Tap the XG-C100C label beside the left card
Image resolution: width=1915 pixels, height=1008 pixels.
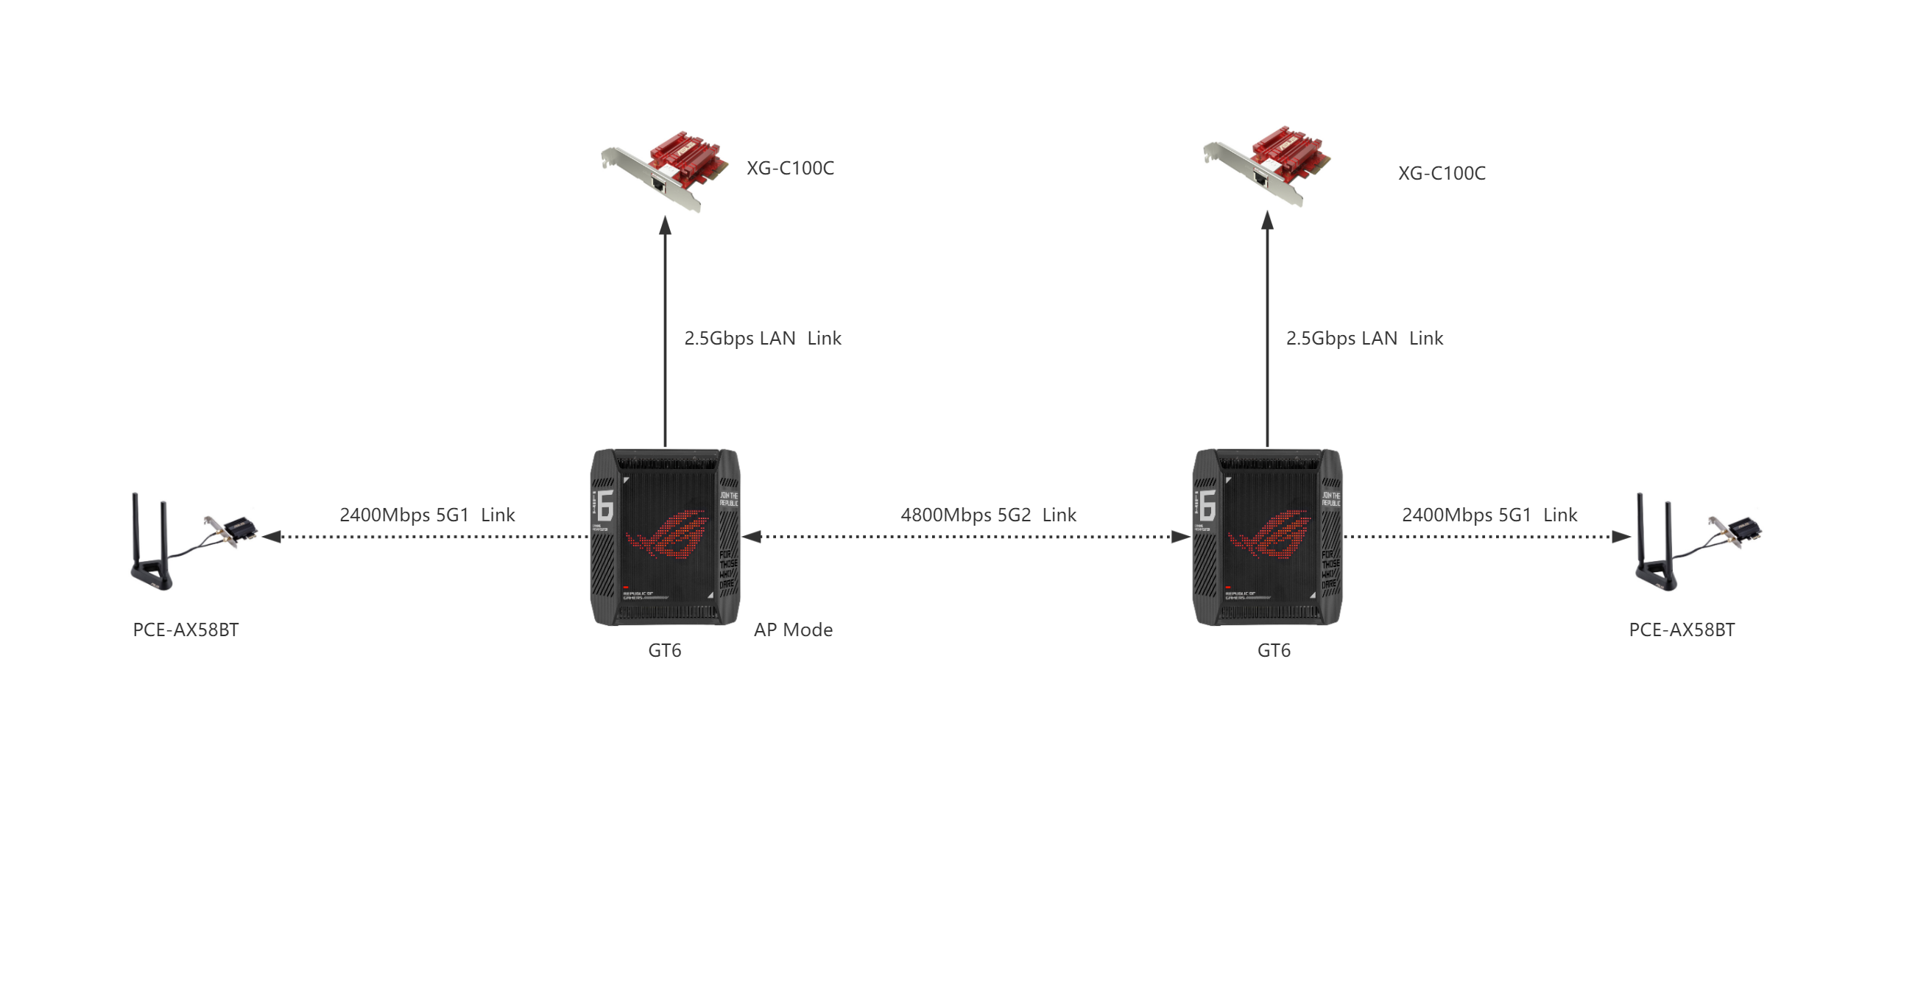click(x=790, y=169)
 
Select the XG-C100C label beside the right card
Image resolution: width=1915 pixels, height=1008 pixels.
click(x=1442, y=174)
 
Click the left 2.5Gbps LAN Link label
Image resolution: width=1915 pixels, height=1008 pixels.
click(x=762, y=339)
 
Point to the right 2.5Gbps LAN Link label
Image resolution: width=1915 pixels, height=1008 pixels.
click(x=1364, y=339)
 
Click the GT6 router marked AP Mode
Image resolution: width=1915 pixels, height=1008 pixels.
click(x=665, y=537)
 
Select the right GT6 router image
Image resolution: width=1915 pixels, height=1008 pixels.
click(x=1268, y=537)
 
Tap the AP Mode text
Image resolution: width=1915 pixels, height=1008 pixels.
click(x=793, y=630)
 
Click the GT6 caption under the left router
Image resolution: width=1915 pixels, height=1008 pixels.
click(x=665, y=651)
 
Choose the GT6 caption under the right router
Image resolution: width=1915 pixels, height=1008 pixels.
click(x=1274, y=651)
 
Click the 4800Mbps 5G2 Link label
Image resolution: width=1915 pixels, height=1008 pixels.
click(x=988, y=515)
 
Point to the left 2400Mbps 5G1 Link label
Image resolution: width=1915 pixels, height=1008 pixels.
click(x=427, y=515)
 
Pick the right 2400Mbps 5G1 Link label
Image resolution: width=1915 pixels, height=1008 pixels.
click(x=1489, y=515)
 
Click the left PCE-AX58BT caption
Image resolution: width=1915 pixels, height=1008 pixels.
click(x=186, y=630)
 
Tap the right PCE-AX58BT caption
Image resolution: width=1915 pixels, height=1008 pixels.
click(x=1682, y=630)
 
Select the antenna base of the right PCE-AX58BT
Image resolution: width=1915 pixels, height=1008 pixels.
click(x=1657, y=575)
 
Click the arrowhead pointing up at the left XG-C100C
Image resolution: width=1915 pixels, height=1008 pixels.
click(x=666, y=226)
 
